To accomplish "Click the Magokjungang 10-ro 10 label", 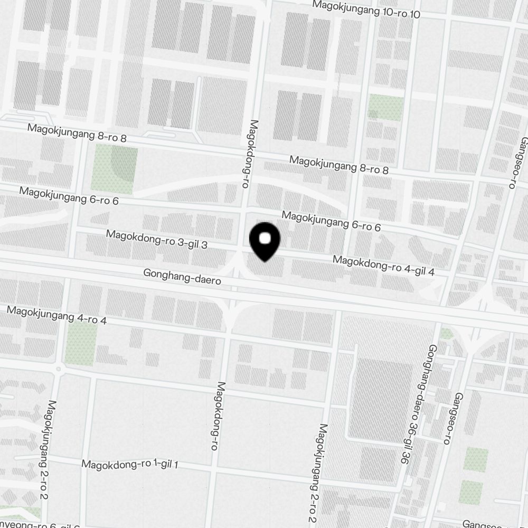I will pos(366,10).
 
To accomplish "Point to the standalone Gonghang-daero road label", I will pos(182,278).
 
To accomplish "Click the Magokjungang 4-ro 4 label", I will pos(57,316).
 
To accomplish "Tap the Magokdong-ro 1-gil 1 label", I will pos(130,465).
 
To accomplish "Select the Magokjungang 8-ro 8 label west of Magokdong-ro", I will pos(77,133).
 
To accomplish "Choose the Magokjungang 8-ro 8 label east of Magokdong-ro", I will pos(339,165).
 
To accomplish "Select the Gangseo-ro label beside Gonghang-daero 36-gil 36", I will pos(454,418).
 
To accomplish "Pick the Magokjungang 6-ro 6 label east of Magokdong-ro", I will pos(331,221).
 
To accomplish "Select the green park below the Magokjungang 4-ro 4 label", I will pos(81,343).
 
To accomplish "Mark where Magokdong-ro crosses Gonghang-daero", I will pos(232,285).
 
